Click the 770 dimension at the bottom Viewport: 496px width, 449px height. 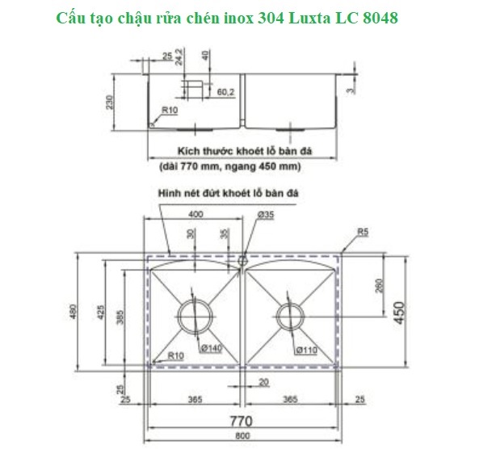(x=242, y=421)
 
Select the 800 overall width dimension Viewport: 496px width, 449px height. (x=243, y=438)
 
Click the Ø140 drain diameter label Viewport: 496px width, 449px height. (x=212, y=348)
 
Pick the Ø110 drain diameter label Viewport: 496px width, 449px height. (x=306, y=350)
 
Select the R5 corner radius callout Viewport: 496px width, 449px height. (x=364, y=233)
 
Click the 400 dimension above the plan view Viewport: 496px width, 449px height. (x=195, y=214)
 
